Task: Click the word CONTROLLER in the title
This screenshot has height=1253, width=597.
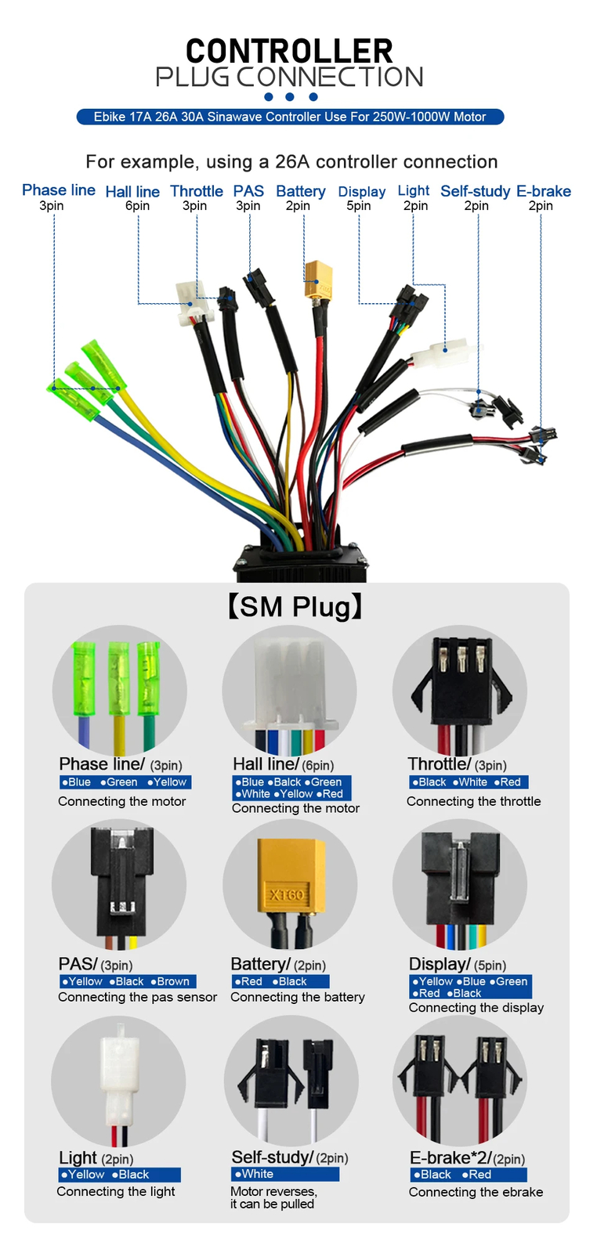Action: (289, 52)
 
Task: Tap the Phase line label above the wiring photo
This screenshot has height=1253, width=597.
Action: (59, 190)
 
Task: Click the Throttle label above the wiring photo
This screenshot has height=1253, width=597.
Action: (197, 191)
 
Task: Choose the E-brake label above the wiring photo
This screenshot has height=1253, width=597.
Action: (543, 191)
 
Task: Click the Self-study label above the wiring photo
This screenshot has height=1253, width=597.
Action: (475, 191)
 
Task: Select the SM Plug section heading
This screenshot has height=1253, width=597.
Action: (295, 607)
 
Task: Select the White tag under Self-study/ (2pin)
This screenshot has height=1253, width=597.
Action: (256, 1174)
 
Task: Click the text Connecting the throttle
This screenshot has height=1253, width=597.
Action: (473, 801)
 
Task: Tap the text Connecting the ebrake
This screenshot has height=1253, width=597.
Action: (476, 1192)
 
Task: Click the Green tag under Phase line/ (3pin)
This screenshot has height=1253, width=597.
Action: (121, 782)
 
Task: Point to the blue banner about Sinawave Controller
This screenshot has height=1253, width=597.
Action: (290, 117)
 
